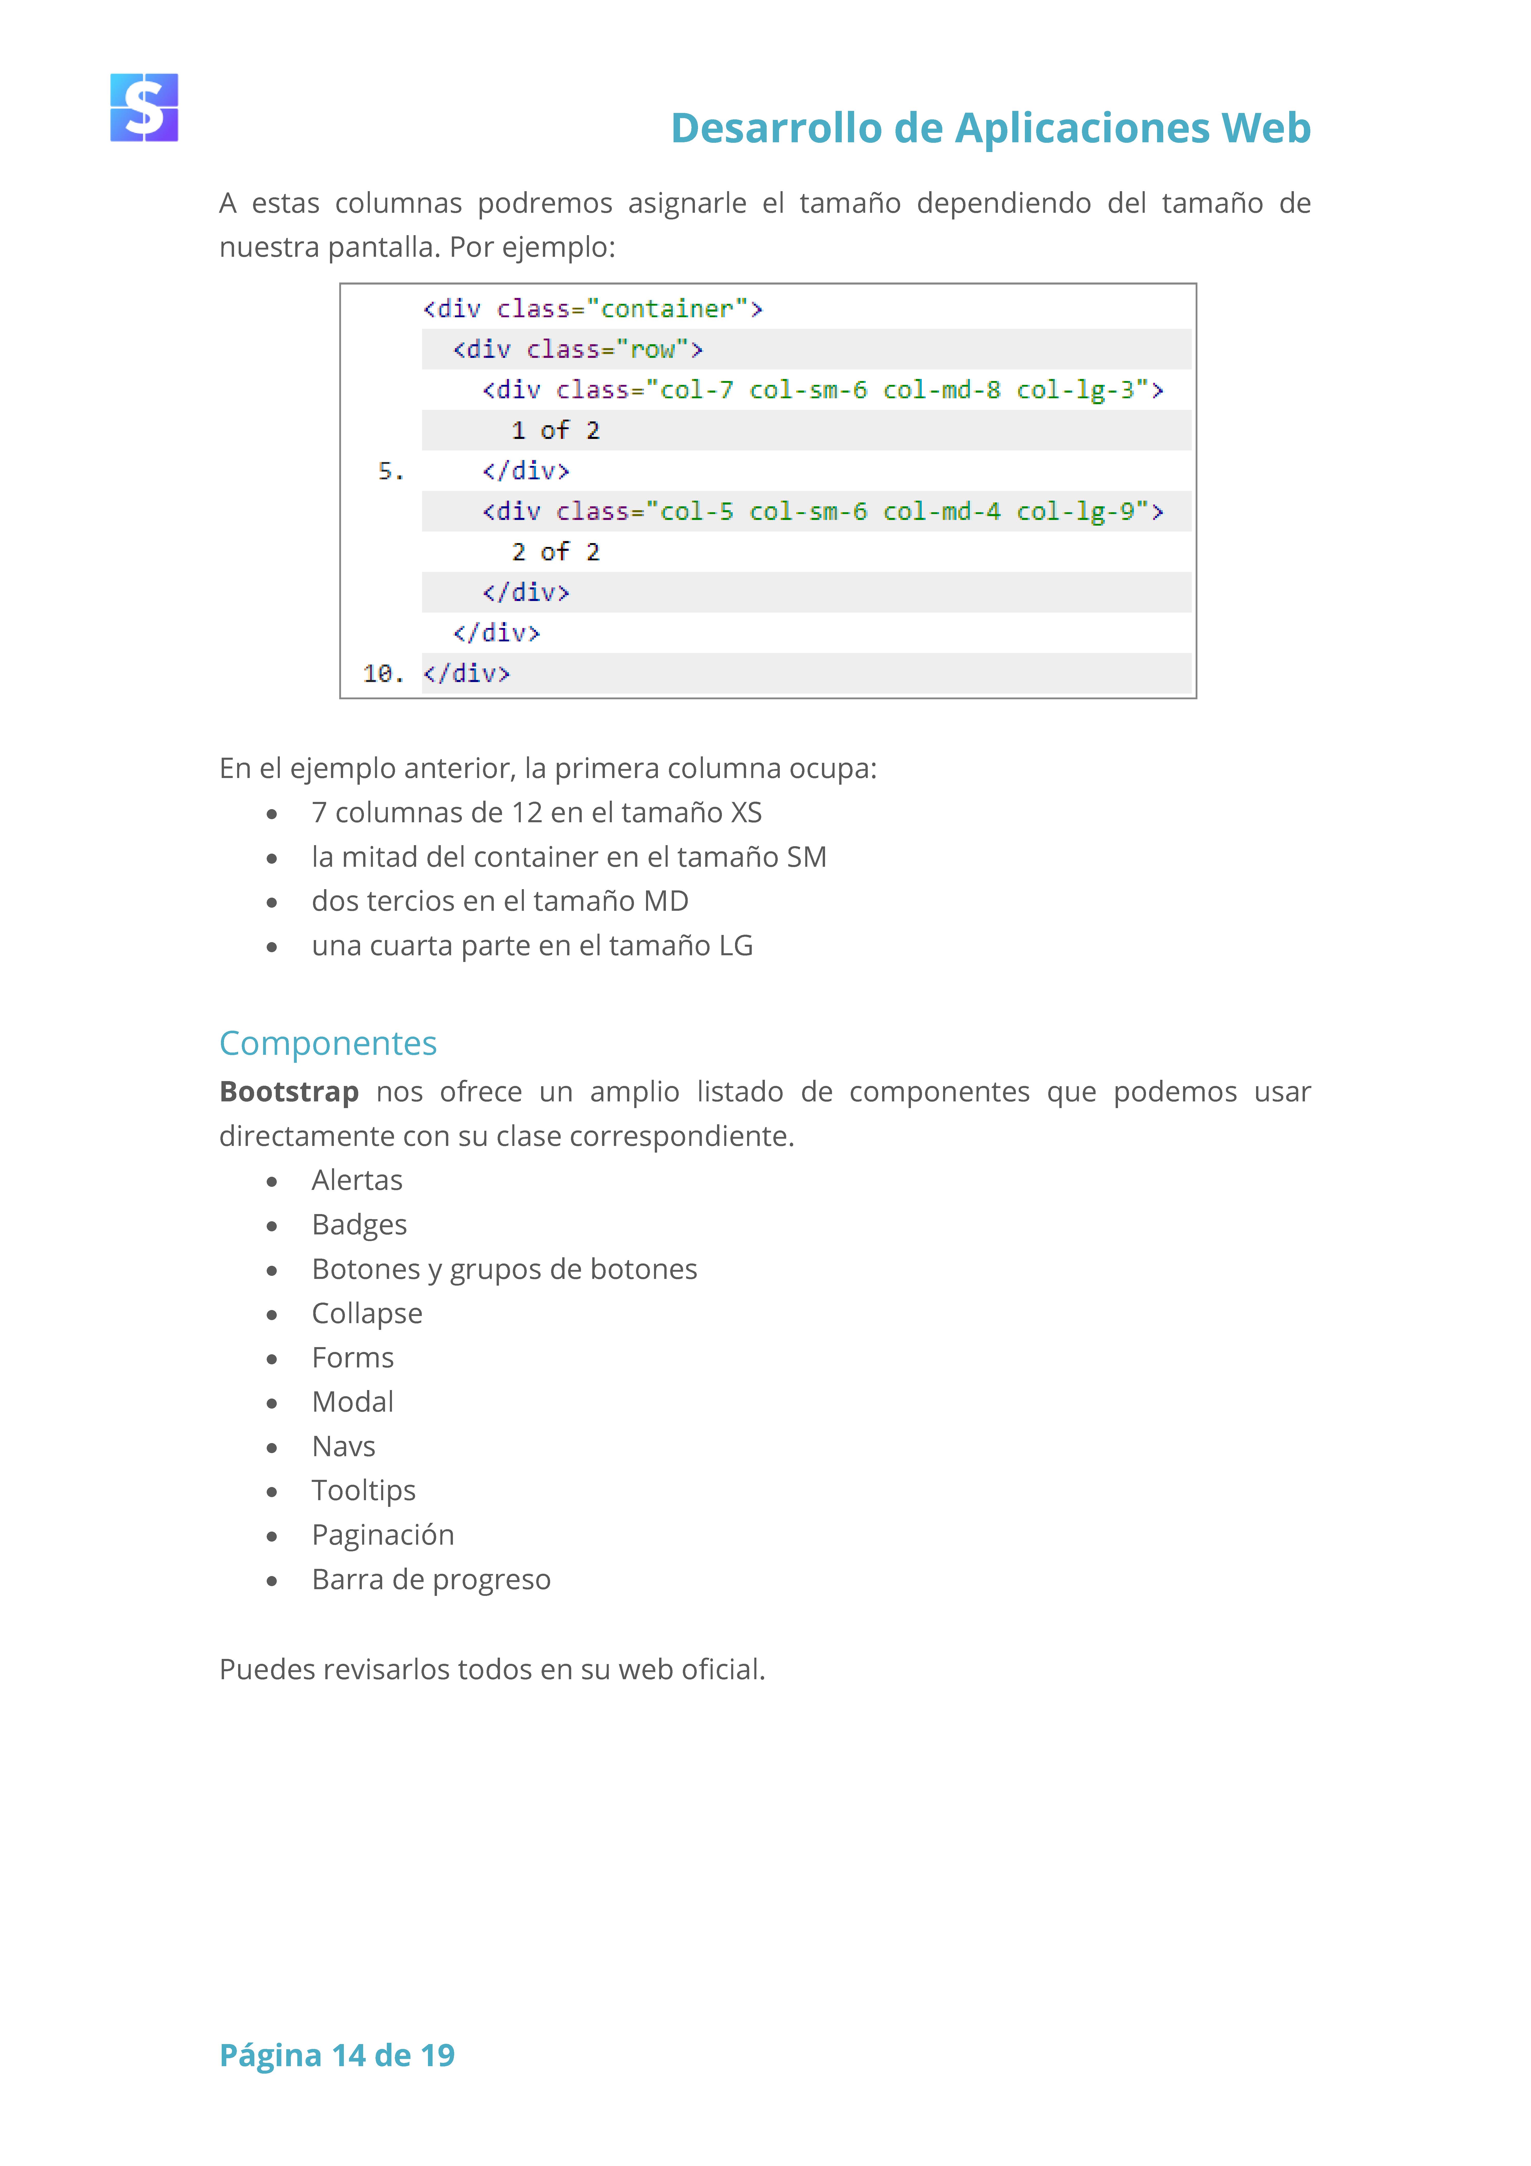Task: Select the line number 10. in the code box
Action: [383, 674]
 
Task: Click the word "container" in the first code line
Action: [667, 308]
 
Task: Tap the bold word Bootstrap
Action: [289, 1092]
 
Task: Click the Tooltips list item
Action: [363, 1491]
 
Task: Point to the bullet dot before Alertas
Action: [272, 1181]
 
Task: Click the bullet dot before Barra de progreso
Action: [272, 1580]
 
